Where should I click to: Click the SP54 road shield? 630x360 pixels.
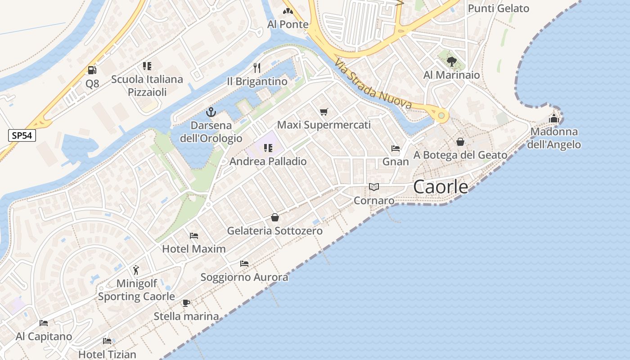[22, 135]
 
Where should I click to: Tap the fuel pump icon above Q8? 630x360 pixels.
[92, 70]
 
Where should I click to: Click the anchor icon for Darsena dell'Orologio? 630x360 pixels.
[211, 112]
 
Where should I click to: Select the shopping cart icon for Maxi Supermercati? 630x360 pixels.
[324, 112]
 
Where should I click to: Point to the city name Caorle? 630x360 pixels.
[441, 187]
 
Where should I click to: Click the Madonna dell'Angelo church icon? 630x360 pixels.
[554, 118]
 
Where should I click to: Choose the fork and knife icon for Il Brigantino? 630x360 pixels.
[257, 68]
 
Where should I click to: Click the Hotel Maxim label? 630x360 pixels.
[194, 249]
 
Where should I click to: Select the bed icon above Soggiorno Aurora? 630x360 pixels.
[244, 264]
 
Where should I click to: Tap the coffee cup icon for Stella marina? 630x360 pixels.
[186, 303]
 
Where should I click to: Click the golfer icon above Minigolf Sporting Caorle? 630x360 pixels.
[136, 270]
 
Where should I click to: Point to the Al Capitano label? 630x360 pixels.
[44, 337]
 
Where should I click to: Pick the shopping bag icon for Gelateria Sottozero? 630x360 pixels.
[275, 218]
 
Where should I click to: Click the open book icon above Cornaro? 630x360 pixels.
[374, 187]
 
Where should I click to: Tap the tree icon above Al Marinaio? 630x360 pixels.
[452, 61]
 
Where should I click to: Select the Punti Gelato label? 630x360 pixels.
[499, 9]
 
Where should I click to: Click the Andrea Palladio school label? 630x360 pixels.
[268, 161]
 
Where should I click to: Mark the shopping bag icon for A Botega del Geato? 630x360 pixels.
[460, 142]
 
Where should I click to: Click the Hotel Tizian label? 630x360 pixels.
[107, 354]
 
